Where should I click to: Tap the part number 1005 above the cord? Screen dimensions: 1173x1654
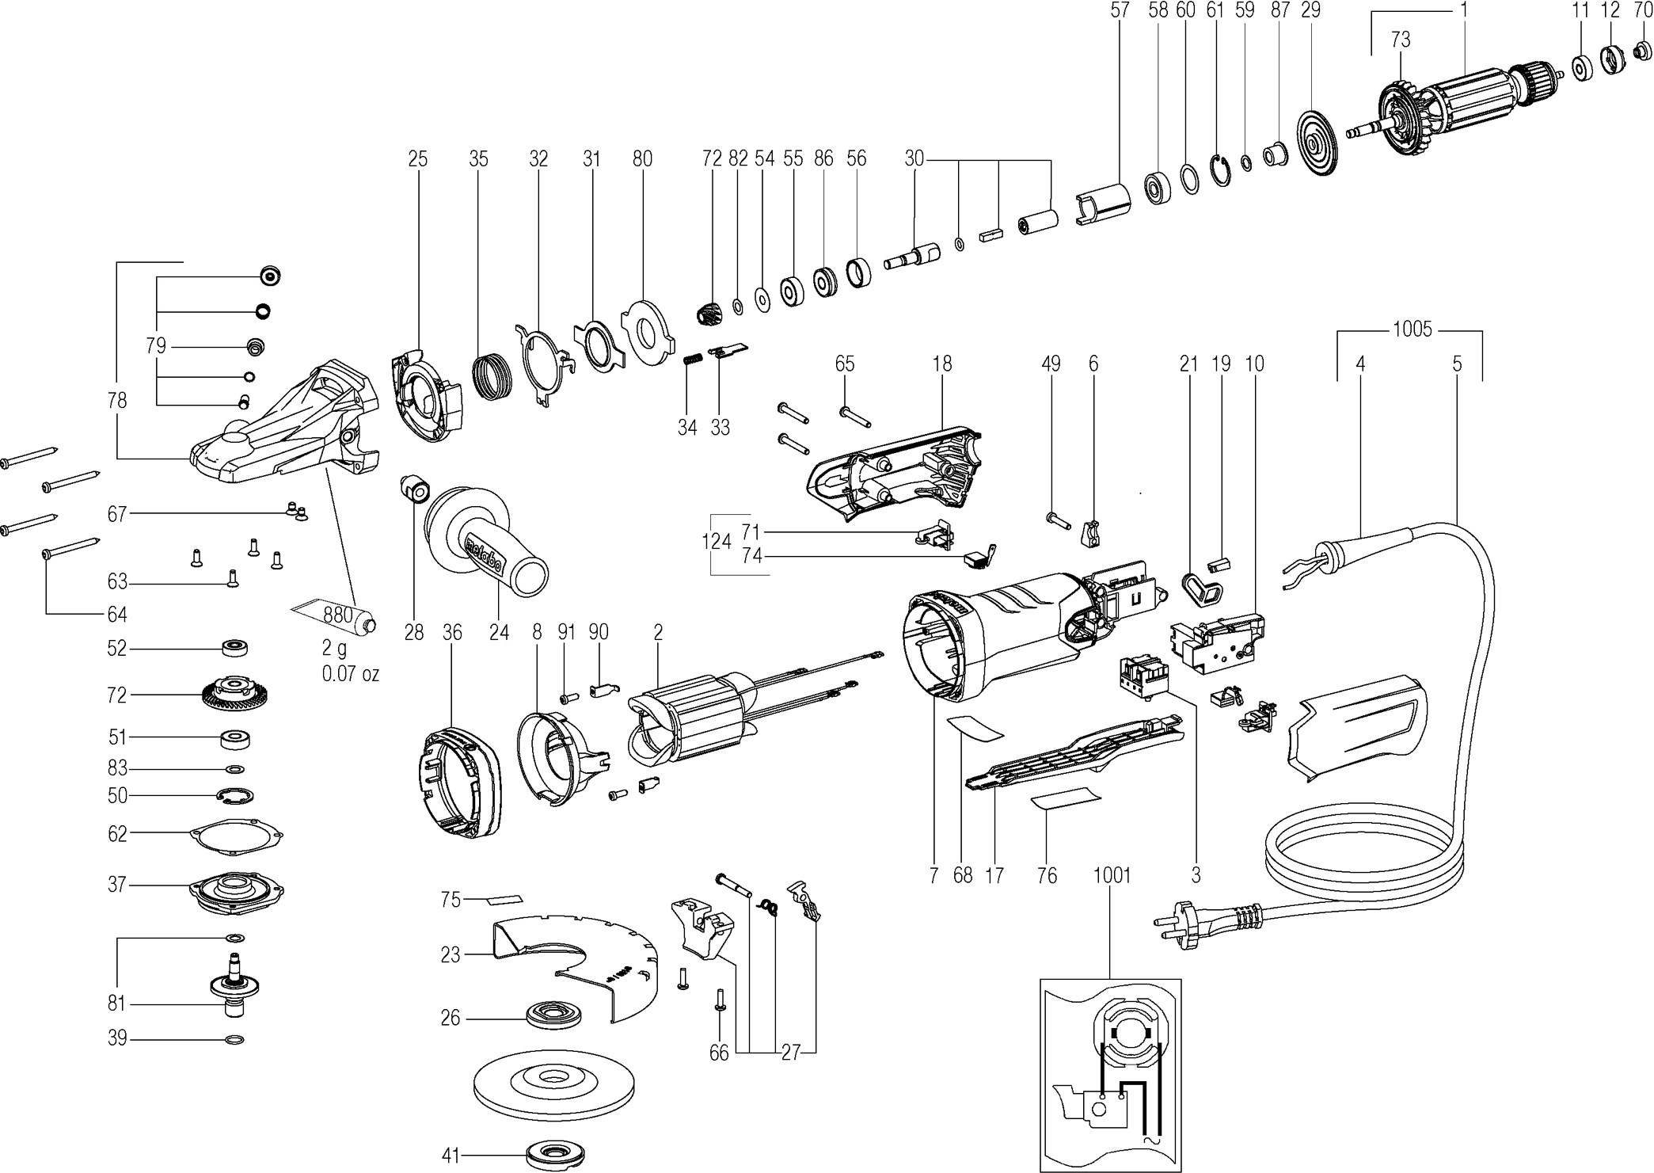1413,329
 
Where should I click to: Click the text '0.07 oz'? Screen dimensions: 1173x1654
350,674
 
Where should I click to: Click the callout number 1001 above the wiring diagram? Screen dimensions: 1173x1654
1112,875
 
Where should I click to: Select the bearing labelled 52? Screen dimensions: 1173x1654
234,647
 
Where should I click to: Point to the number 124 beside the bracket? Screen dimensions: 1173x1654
717,542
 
